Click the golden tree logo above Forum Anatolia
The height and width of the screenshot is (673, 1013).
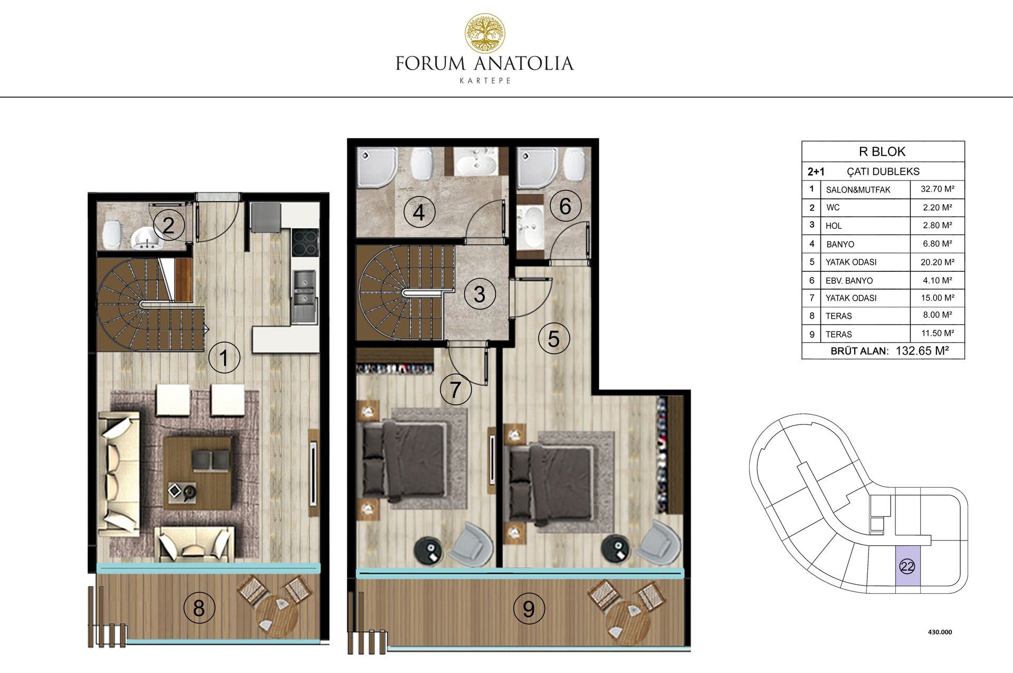pos(484,34)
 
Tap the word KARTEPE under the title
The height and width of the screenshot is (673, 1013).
pos(485,81)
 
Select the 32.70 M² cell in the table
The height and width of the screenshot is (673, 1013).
pos(938,189)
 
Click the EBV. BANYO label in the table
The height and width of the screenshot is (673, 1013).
pos(849,281)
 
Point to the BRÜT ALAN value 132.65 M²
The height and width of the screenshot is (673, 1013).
pos(922,351)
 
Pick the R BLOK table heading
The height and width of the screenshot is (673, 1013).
pos(882,152)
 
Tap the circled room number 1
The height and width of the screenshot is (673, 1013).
pos(224,358)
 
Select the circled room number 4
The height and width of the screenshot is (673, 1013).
pos(419,213)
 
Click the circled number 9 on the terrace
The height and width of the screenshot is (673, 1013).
pos(529,609)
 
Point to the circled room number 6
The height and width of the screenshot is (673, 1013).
pos(565,206)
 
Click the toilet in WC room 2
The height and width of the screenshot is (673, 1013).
pos(112,234)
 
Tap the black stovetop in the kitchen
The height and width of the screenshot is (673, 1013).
pos(305,243)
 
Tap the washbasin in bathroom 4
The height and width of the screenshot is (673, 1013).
pos(476,162)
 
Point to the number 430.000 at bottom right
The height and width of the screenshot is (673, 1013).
pos(940,632)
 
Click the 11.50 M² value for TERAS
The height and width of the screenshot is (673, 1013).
pos(938,334)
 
